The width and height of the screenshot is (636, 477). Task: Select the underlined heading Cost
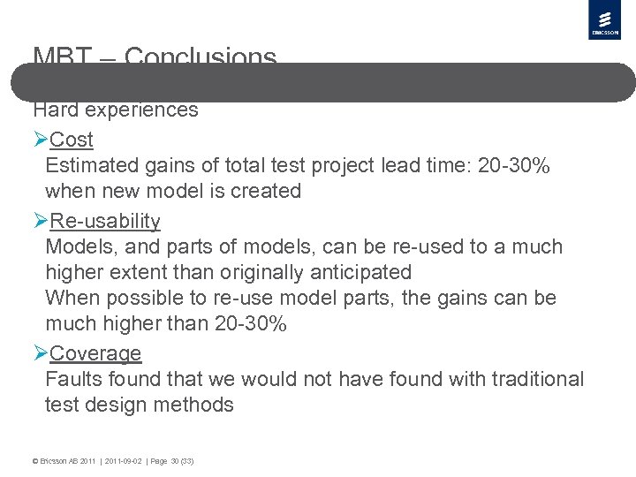[x=72, y=140]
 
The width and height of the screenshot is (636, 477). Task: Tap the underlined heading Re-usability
[x=105, y=221]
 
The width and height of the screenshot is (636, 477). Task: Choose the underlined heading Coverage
[x=95, y=353]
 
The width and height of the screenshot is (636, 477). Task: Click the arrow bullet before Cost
[x=41, y=140]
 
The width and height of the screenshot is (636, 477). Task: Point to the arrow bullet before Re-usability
[x=41, y=221]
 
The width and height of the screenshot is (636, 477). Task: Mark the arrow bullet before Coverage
[x=41, y=353]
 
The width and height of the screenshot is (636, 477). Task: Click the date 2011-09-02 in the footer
[x=125, y=461]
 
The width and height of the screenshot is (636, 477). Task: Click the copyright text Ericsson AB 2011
[x=64, y=461]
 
